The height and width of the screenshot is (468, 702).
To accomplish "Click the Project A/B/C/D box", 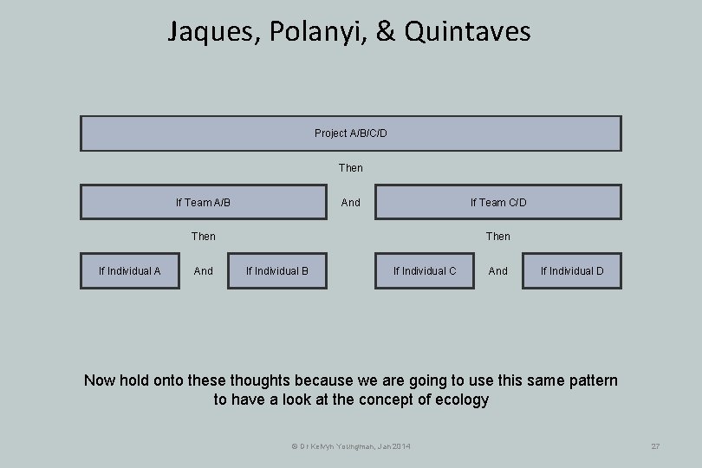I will [351, 133].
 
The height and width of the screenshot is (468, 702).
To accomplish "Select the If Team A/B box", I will [204, 202].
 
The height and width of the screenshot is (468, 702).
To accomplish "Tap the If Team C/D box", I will [497, 202].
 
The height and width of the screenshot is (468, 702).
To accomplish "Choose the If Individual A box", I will [129, 270].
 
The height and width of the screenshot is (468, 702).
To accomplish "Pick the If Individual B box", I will [277, 270].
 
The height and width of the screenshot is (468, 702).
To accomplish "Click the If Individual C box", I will [425, 270].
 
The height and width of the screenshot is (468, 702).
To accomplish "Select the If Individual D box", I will [572, 270].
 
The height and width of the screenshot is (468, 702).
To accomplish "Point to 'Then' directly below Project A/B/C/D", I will [351, 167].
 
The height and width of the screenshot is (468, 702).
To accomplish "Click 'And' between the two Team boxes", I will [351, 202].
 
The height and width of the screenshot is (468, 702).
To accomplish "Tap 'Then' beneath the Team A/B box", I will [204, 236].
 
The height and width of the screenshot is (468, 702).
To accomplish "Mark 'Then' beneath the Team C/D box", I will [498, 236].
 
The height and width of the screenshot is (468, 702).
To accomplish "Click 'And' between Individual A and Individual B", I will [204, 270].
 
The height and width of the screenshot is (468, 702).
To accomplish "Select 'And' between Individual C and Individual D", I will [498, 270].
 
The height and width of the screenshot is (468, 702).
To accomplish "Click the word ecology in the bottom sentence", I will [458, 400].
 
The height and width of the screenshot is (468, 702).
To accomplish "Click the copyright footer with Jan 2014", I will [351, 445].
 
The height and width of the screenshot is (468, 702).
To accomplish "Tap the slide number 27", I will [655, 445].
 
